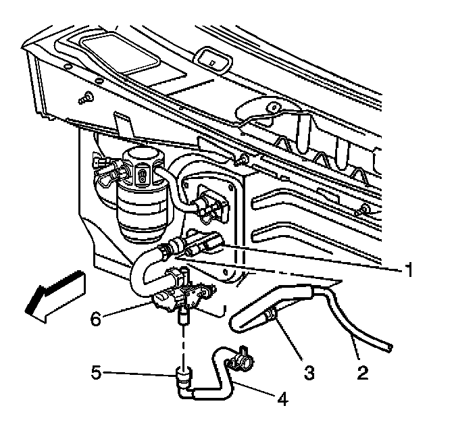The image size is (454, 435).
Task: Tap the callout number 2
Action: coord(363,372)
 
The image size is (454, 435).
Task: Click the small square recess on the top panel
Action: coord(213,61)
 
